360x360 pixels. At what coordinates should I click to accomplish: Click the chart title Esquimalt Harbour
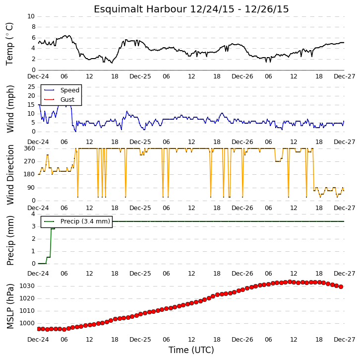point(140,9)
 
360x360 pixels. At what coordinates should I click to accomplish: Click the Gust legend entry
point(59,99)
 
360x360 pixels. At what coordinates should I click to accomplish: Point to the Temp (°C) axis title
point(9,44)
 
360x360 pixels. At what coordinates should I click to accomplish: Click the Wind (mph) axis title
point(10,109)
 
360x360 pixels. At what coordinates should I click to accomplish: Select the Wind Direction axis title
point(10,175)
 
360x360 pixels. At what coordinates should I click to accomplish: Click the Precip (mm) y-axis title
point(10,240)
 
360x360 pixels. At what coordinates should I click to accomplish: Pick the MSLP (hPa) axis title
point(10,306)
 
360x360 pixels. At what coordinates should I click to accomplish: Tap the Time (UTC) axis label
point(191,350)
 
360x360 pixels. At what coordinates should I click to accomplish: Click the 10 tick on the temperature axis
point(31,16)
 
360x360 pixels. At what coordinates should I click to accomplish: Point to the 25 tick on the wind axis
point(31,87)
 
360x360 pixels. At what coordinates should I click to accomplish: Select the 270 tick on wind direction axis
point(29,161)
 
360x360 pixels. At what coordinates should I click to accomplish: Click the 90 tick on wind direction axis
point(31,188)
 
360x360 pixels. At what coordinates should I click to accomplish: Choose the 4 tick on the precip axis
point(33,214)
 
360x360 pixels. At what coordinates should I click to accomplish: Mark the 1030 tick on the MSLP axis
point(27,286)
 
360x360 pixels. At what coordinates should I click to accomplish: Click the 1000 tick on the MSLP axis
point(27,323)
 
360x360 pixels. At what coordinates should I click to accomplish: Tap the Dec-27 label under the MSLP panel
point(345,340)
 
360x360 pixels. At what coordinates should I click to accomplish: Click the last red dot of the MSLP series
point(341,287)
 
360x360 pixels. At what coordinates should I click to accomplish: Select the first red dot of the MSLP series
point(39,329)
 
